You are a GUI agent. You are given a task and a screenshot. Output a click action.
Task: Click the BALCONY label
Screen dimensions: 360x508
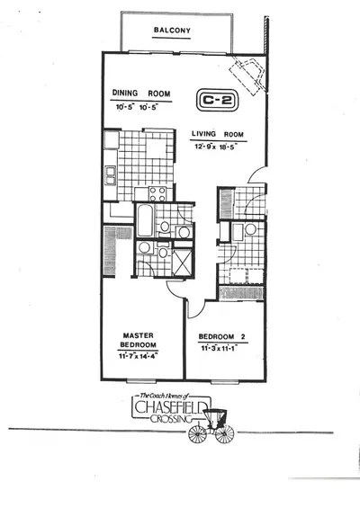172,31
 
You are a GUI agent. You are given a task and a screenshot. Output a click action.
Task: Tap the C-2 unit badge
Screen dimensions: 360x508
217,100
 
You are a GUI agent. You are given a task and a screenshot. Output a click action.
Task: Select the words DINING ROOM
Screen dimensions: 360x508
141,94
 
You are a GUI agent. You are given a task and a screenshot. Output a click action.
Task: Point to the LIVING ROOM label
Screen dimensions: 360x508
218,134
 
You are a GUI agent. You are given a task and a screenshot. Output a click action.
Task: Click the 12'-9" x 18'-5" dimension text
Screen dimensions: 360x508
216,147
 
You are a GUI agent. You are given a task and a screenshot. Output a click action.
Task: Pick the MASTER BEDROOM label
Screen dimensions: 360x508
139,340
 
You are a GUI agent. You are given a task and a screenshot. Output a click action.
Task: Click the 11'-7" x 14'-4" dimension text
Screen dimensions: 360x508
139,356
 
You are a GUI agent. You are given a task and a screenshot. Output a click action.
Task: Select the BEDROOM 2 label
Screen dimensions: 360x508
221,336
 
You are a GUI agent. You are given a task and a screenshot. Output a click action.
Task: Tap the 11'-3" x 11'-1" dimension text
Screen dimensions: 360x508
220,348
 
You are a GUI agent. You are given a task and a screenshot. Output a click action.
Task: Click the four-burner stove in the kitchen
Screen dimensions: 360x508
157,193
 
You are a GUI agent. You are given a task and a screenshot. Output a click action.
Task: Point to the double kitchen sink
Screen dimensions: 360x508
111,175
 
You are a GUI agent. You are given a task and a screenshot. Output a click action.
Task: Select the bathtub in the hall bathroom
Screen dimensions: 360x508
145,220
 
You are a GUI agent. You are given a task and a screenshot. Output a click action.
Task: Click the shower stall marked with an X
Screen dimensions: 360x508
183,263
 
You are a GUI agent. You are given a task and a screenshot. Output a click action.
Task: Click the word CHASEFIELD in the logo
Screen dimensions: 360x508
171,407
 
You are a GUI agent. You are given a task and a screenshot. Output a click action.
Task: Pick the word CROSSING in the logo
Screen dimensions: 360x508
171,419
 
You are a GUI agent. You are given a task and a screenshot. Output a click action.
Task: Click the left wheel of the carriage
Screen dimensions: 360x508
197,434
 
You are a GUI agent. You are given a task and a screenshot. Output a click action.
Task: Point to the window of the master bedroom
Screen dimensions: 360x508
141,381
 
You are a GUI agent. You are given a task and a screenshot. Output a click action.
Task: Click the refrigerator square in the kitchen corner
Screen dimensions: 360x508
112,139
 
